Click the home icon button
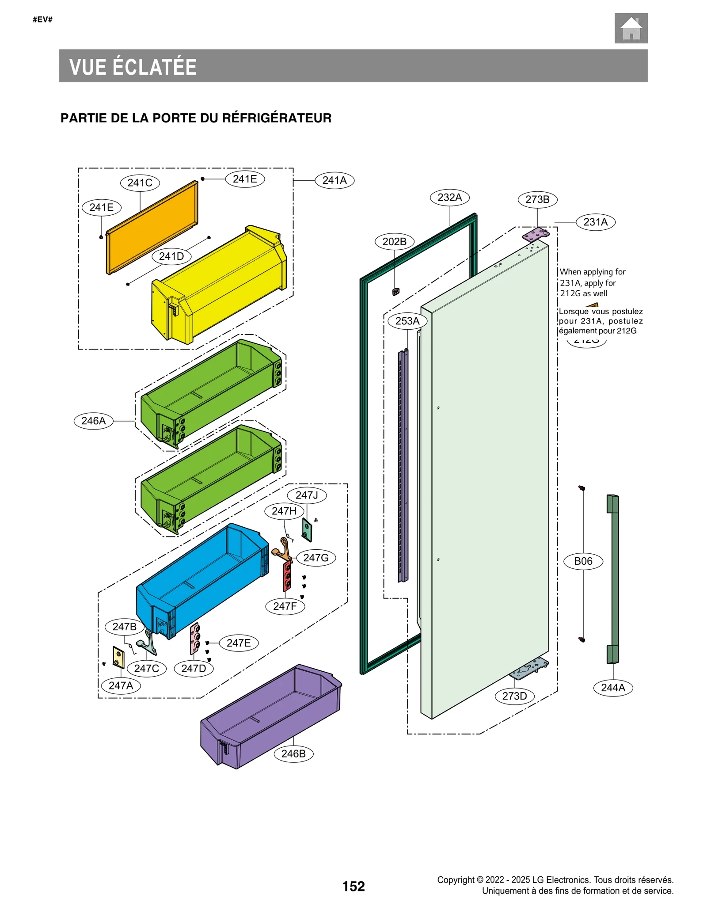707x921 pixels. (x=631, y=28)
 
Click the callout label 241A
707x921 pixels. (x=334, y=180)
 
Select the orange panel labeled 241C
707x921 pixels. (x=152, y=227)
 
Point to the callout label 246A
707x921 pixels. (x=93, y=420)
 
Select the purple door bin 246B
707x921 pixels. (x=270, y=716)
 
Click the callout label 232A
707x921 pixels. (x=449, y=198)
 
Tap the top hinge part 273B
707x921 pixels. (x=536, y=234)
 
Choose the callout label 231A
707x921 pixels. (x=595, y=222)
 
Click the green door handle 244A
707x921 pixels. (x=612, y=579)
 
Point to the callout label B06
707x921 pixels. (x=583, y=561)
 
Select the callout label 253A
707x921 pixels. (x=407, y=321)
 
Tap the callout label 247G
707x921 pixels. (x=315, y=558)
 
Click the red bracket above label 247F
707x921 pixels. (x=287, y=577)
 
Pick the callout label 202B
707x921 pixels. (x=394, y=242)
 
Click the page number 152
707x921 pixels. (x=353, y=886)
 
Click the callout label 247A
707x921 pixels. (x=121, y=685)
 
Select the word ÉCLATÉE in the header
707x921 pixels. (x=155, y=67)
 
